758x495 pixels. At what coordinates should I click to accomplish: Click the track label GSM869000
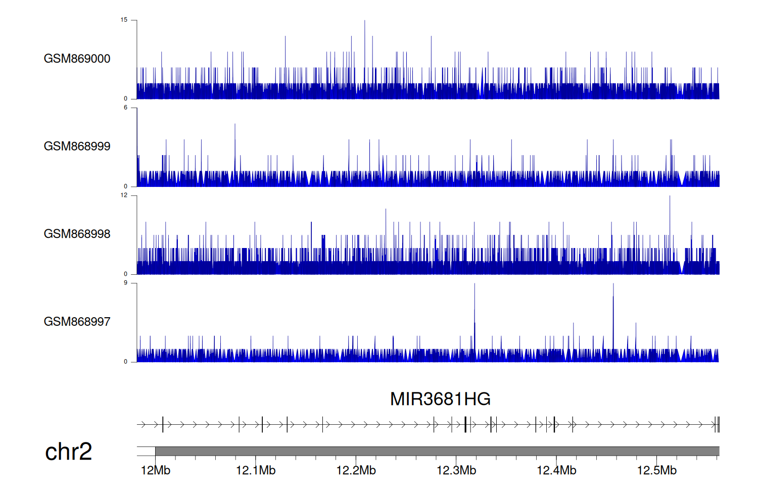[x=77, y=59]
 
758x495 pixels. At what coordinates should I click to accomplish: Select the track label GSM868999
[x=77, y=146]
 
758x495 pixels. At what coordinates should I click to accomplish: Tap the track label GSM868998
[x=77, y=234]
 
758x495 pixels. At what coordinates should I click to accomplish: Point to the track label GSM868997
[x=77, y=322]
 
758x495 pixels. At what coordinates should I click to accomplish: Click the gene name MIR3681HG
[x=440, y=399]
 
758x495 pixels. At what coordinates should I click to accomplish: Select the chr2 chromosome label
[x=68, y=452]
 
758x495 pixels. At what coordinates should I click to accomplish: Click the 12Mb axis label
[x=155, y=471]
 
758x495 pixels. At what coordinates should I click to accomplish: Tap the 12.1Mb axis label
[x=255, y=471]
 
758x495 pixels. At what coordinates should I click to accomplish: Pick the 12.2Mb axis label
[x=356, y=471]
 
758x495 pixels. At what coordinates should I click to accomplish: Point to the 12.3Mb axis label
[x=456, y=471]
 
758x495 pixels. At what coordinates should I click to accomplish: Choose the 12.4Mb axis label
[x=556, y=471]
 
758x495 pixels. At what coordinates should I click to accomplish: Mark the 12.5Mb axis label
[x=656, y=471]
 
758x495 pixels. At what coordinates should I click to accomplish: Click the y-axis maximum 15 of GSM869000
[x=124, y=20]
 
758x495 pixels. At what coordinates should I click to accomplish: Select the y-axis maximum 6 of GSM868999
[x=126, y=108]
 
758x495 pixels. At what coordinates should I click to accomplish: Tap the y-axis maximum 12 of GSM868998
[x=124, y=195]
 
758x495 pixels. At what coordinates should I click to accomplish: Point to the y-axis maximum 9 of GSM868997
[x=126, y=283]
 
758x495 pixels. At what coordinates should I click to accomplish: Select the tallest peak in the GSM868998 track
[x=670, y=197]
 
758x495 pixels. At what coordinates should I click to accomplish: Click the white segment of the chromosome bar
[x=146, y=451]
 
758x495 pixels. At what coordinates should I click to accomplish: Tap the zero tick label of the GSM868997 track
[x=126, y=362]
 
